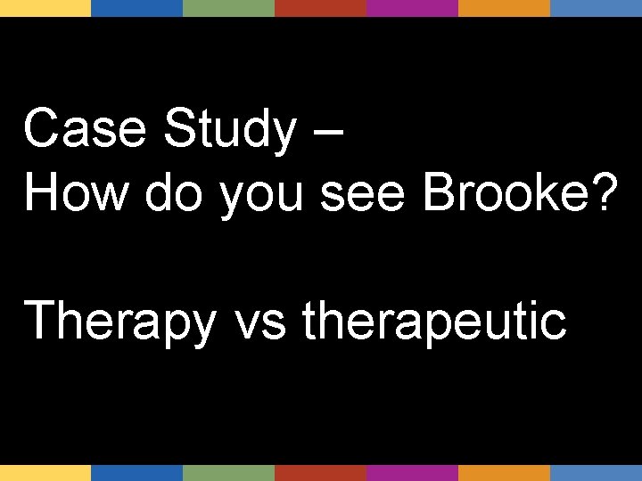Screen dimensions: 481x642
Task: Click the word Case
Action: coord(85,130)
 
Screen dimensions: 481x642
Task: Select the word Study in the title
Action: coord(229,130)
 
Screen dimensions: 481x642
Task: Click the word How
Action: coord(77,192)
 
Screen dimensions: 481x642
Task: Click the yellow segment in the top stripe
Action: coord(45,8)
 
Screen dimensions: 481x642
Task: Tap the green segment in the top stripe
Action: coord(228,8)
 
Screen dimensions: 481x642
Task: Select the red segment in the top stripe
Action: coord(320,8)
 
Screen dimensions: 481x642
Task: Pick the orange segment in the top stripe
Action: coord(504,8)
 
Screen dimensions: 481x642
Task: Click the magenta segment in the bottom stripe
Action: coord(412,473)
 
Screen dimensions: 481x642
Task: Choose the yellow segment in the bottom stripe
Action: coord(45,473)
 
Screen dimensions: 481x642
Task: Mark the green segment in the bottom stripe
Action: coord(228,473)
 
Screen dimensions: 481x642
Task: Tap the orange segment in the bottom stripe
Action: coord(504,473)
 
